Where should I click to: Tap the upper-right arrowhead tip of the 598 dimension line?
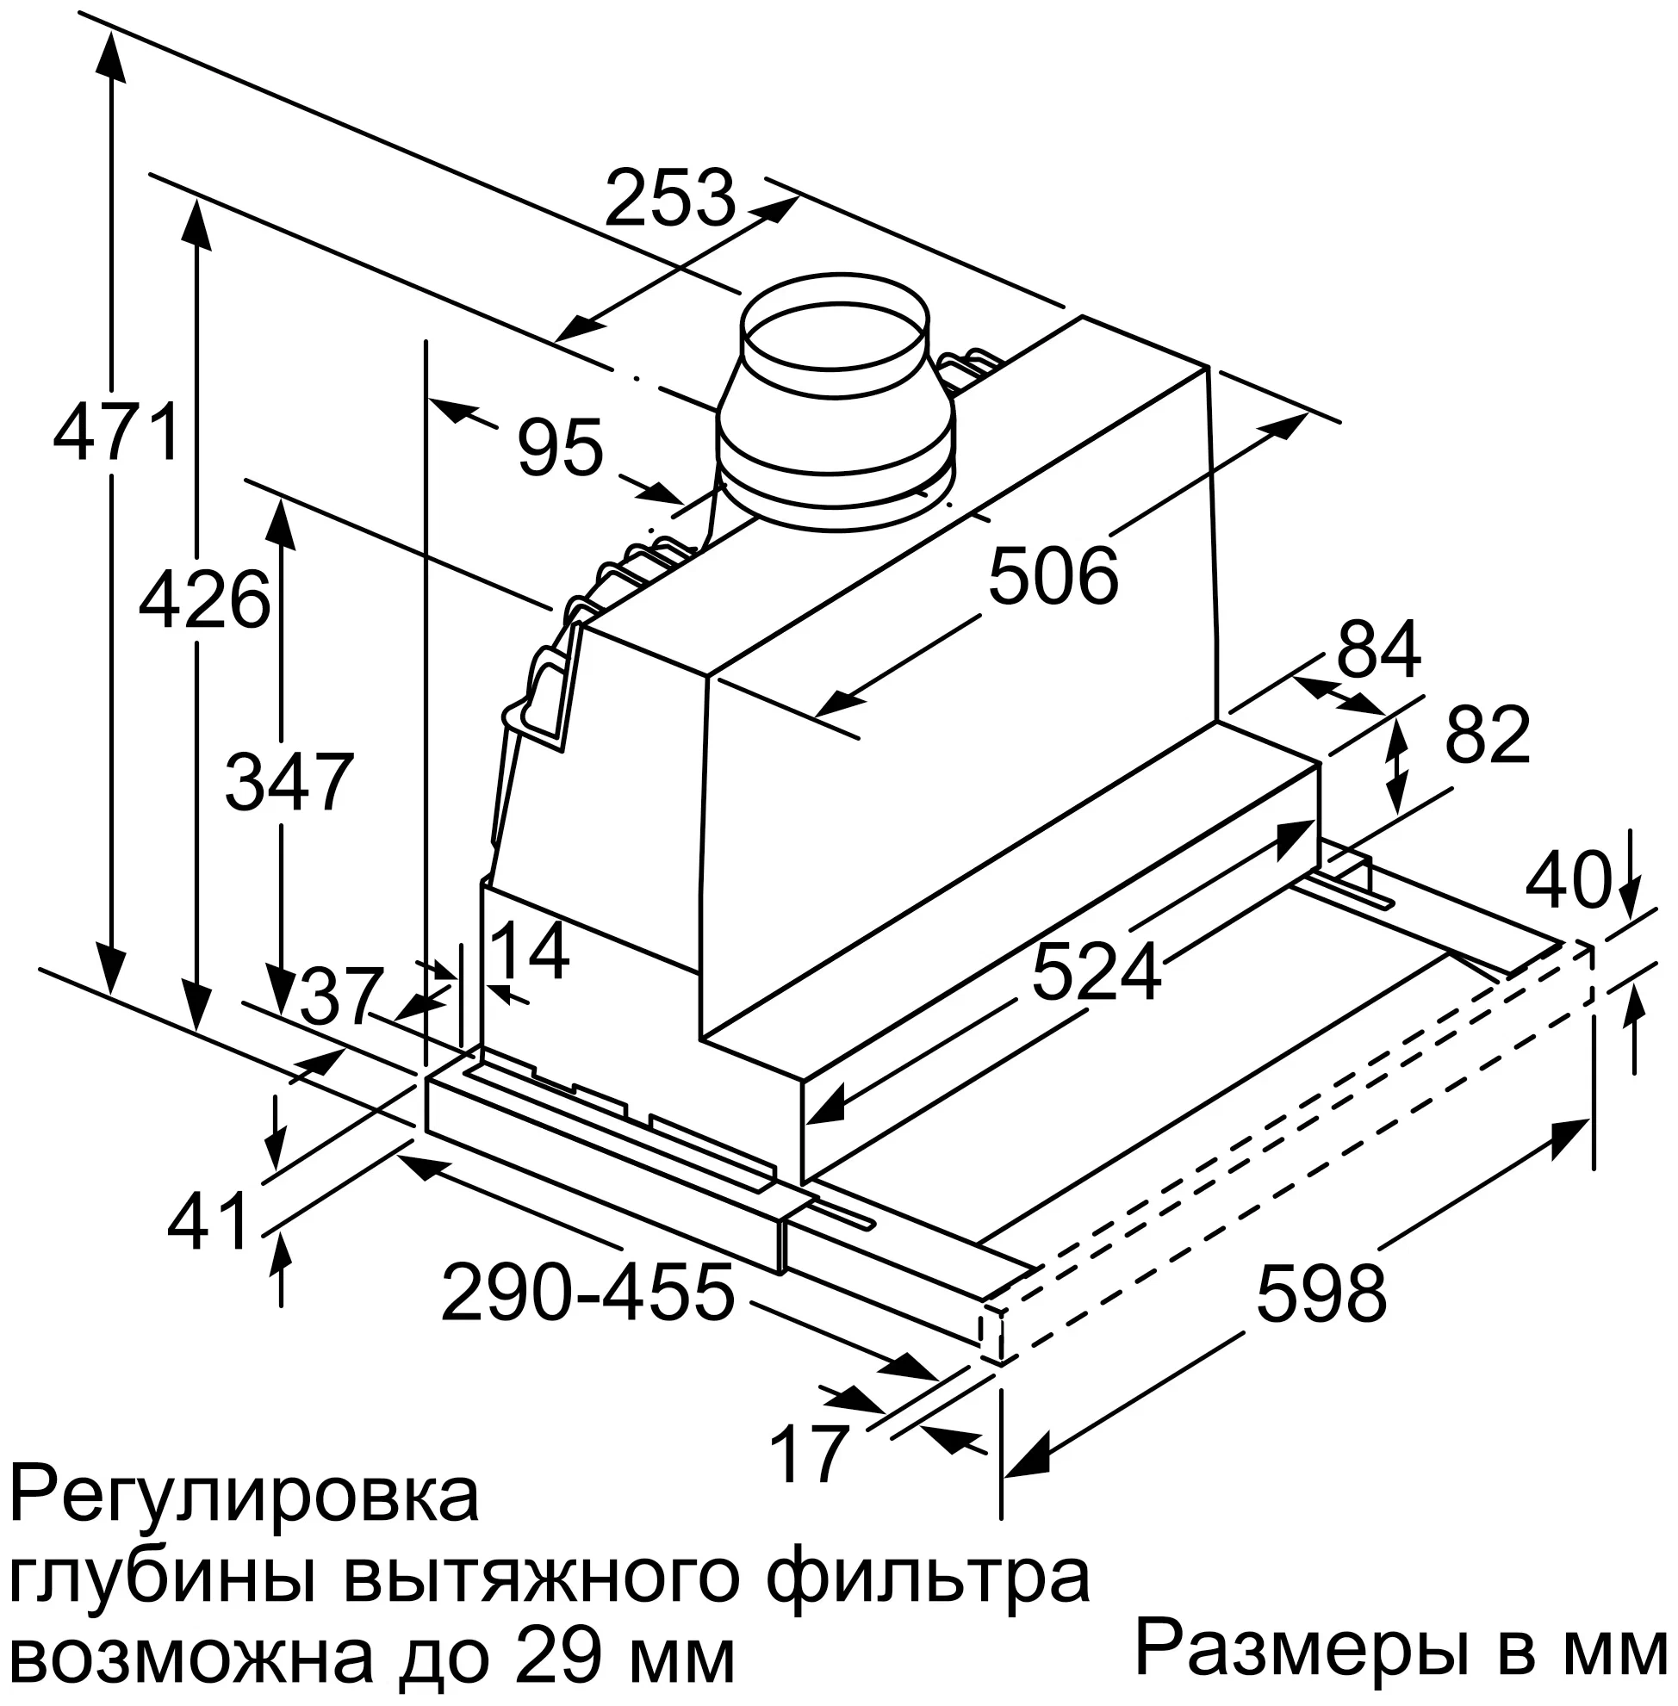(1589, 1120)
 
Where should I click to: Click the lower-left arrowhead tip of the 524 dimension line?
(805, 1124)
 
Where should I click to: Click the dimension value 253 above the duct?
(671, 198)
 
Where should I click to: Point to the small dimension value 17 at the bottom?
(808, 1455)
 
